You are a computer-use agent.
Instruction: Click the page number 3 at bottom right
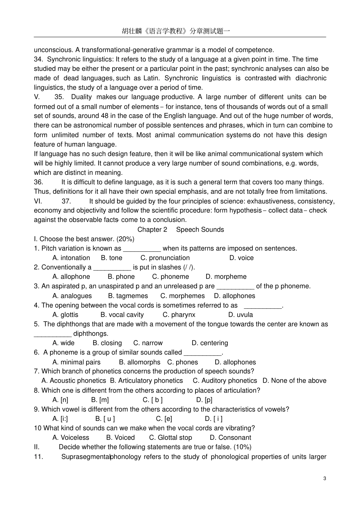coord(325,478)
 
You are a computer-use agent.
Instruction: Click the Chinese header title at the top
coord(176,31)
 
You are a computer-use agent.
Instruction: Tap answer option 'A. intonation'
coord(71,258)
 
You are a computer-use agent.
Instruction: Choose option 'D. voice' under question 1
coord(241,258)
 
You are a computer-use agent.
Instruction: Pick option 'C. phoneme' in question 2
coord(171,277)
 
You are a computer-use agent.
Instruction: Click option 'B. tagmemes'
coord(128,296)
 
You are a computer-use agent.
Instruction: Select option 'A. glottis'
coord(66,315)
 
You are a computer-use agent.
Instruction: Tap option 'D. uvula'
coord(241,315)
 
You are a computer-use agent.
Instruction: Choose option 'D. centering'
coord(210,343)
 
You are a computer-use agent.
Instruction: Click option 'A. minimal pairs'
coord(77,362)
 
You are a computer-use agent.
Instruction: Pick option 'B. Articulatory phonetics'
coord(146,381)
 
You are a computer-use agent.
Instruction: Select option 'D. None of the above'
coord(294,381)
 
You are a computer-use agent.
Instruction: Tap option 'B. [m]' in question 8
coord(100,400)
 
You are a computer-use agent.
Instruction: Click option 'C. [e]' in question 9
coord(164,419)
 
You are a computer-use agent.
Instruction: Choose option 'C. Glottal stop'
coord(171,438)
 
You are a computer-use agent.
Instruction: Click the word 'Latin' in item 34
coord(151,78)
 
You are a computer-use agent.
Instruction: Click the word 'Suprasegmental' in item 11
coord(86,457)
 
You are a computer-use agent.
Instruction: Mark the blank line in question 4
coord(263,306)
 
